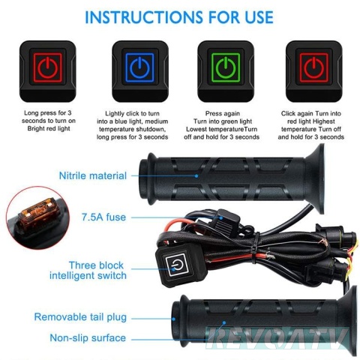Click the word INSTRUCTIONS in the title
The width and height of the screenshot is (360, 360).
coord(144,17)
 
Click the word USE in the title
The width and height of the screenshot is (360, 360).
coord(259,17)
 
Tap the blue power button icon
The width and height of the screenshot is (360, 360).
coord(139,67)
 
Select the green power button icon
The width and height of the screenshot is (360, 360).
coord(226,67)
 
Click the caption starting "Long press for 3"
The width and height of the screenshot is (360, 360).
coord(49,121)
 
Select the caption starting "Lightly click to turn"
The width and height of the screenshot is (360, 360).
coord(133,125)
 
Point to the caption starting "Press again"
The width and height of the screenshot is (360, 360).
coord(222,125)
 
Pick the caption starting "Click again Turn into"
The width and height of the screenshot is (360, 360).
coord(311,125)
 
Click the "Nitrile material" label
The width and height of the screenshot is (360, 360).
coord(93,175)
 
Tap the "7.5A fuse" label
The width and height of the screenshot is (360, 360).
coord(104,217)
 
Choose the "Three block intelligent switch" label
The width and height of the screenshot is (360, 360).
coord(88,271)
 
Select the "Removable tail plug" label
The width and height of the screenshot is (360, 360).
coord(80,317)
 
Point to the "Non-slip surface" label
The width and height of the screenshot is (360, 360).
coord(88,338)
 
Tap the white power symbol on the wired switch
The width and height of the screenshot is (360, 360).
coord(177,265)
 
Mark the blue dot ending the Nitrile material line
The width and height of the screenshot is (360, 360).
coord(196,176)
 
